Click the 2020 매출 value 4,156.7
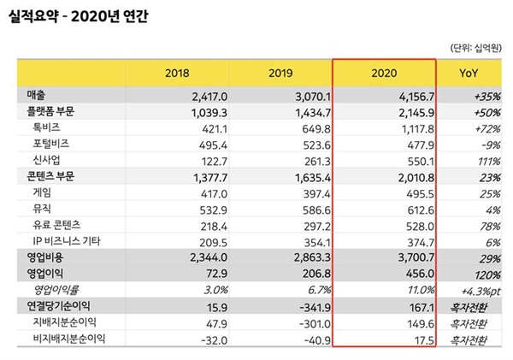pyautogui.click(x=413, y=96)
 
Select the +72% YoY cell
pyautogui.click(x=486, y=128)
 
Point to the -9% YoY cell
pyautogui.click(x=490, y=145)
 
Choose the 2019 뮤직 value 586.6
pyautogui.click(x=309, y=209)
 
